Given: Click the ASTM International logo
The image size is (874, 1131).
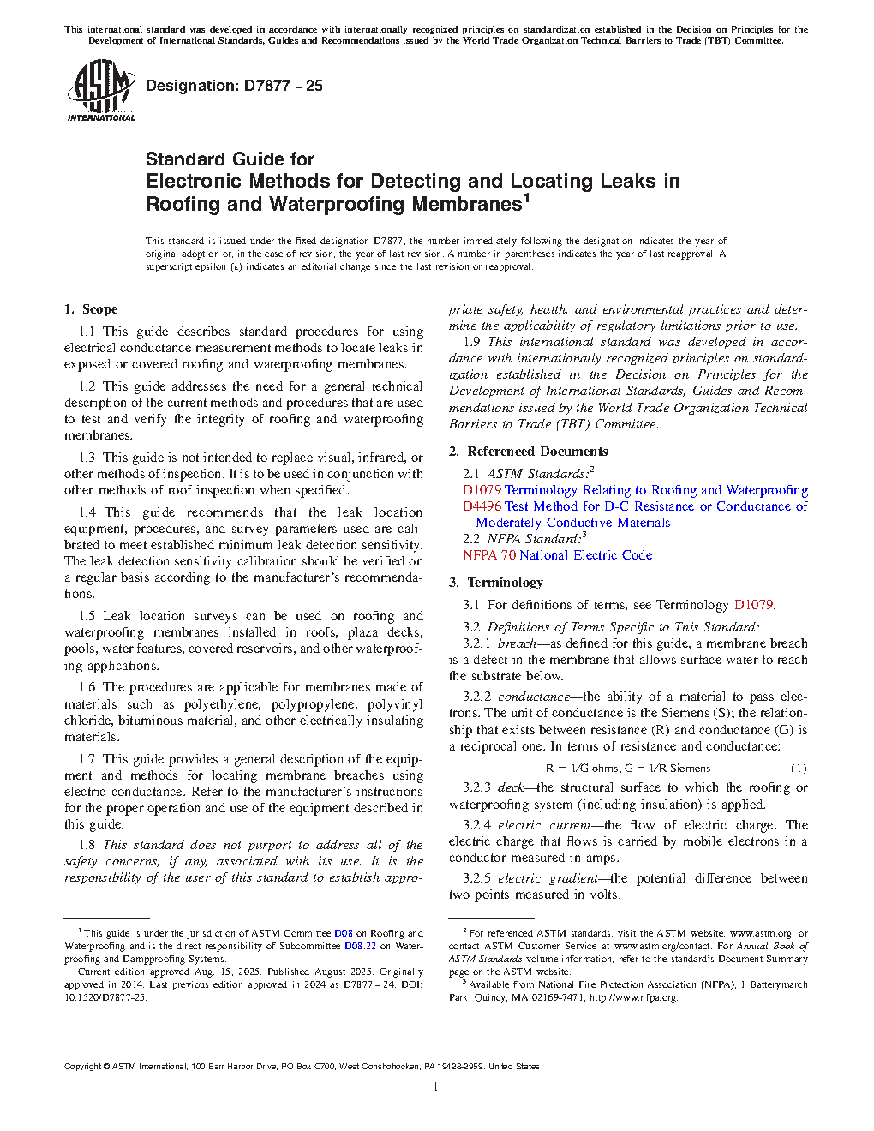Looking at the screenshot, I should (100, 90).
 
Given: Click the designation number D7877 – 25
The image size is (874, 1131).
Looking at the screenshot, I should (234, 86).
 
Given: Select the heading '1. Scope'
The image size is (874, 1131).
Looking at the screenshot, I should (91, 309).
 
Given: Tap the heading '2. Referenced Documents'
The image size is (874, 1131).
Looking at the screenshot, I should (528, 452).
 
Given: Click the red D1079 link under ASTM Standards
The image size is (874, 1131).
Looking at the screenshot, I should (482, 490).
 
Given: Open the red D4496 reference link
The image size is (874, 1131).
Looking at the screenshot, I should (482, 506).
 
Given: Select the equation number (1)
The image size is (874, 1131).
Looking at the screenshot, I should (798, 769).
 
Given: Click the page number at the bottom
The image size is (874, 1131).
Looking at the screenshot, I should (436, 1087).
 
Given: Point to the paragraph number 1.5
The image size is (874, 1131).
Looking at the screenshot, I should (87, 616).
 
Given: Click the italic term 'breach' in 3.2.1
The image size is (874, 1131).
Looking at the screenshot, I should (517, 643).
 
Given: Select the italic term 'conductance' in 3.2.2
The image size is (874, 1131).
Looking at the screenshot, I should (534, 697).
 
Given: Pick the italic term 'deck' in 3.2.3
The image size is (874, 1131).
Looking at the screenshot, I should (511, 787).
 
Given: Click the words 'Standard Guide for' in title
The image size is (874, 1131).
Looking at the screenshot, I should (230, 159).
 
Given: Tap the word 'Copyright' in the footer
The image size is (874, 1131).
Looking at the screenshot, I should (82, 1067).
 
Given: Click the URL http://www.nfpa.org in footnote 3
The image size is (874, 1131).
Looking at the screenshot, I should (633, 997).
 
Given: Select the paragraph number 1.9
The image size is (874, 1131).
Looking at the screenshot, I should (471, 342).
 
